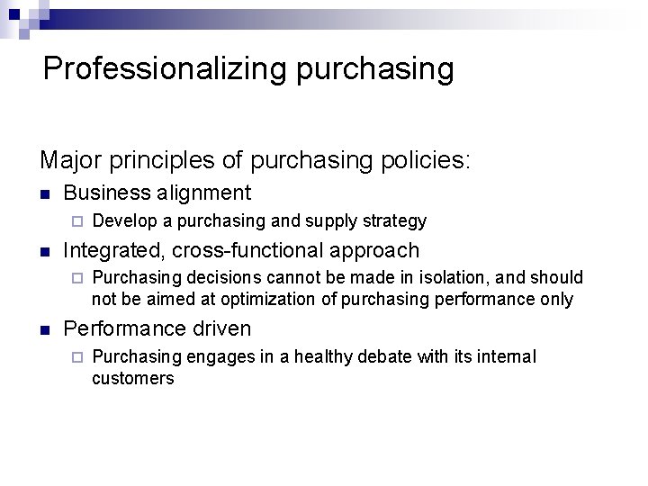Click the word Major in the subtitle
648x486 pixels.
[x=71, y=160]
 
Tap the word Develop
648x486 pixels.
[x=123, y=221]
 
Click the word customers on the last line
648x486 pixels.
[x=132, y=379]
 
